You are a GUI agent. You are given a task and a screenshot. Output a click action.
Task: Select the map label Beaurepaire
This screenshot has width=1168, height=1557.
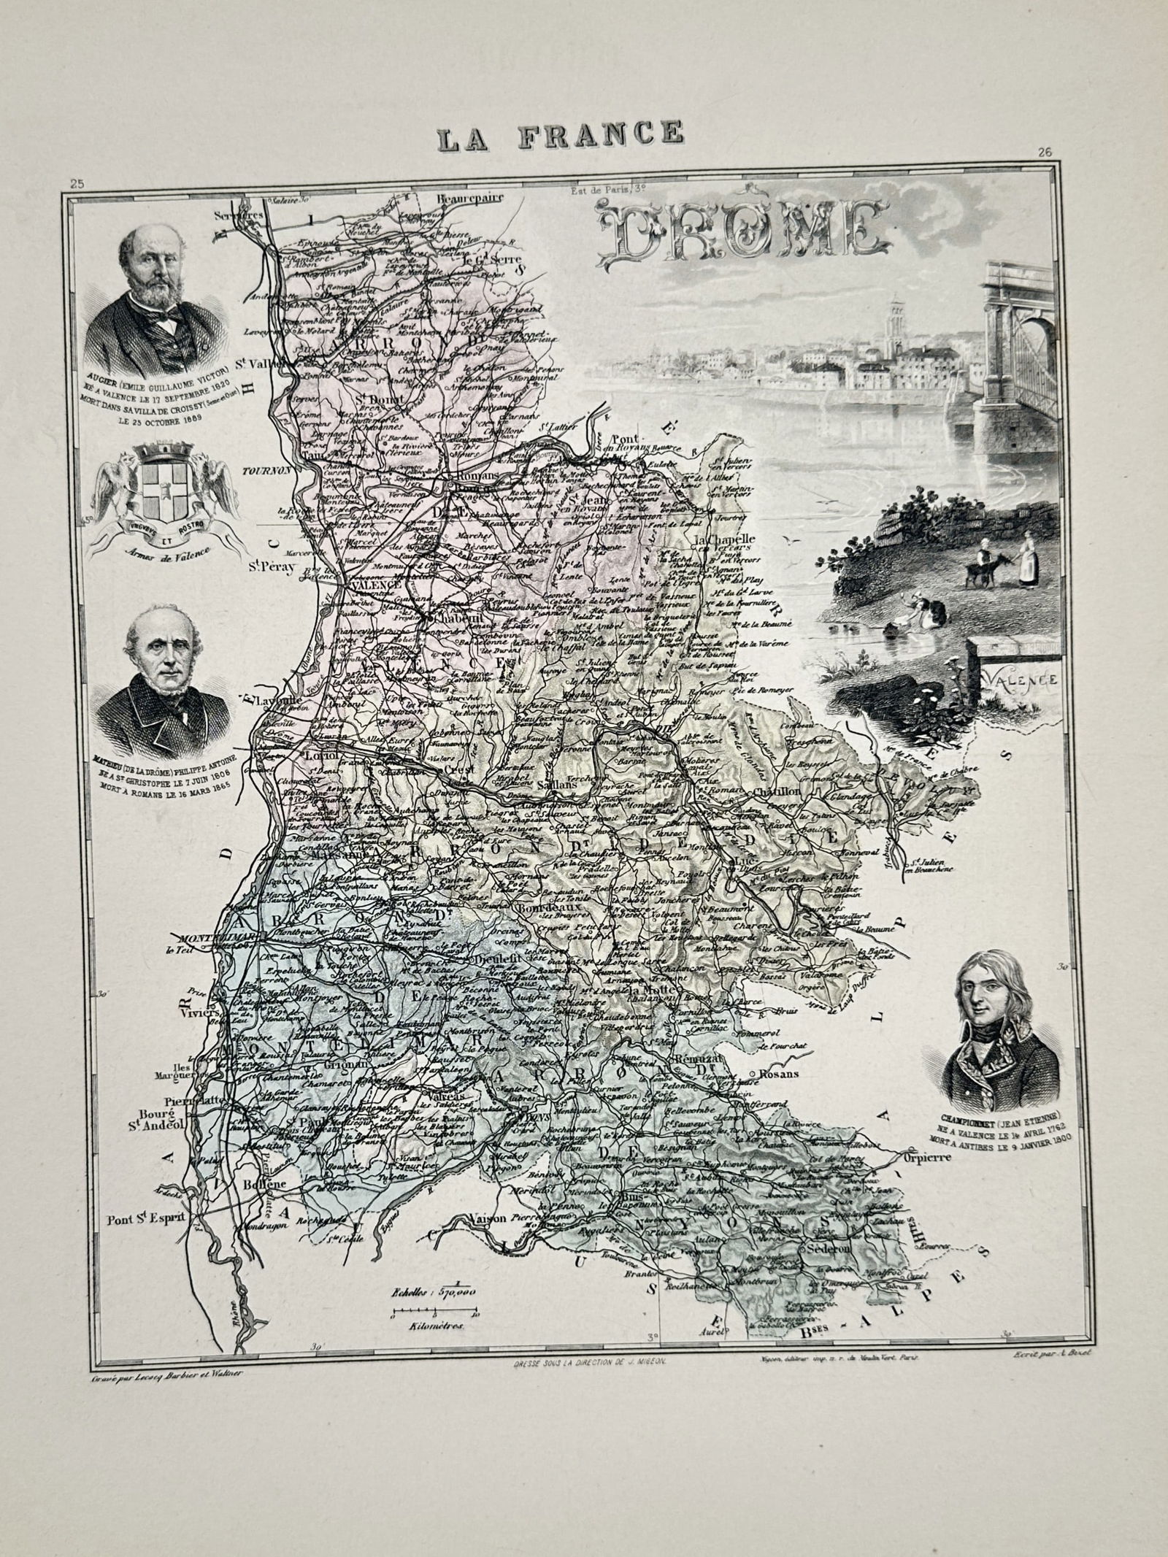[x=461, y=197]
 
